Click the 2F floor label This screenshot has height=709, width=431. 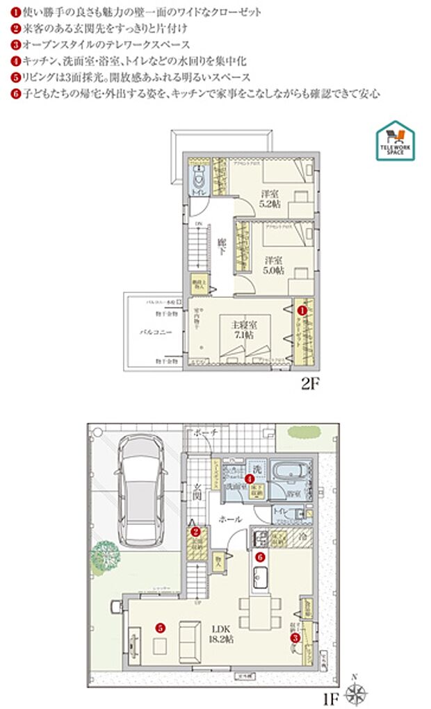pos(309,383)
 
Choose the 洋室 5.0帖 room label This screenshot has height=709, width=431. pos(273,266)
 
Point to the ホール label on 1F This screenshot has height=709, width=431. pos(230,519)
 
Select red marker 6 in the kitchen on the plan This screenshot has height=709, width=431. pos(260,556)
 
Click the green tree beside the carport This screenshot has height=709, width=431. pos(103,556)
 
